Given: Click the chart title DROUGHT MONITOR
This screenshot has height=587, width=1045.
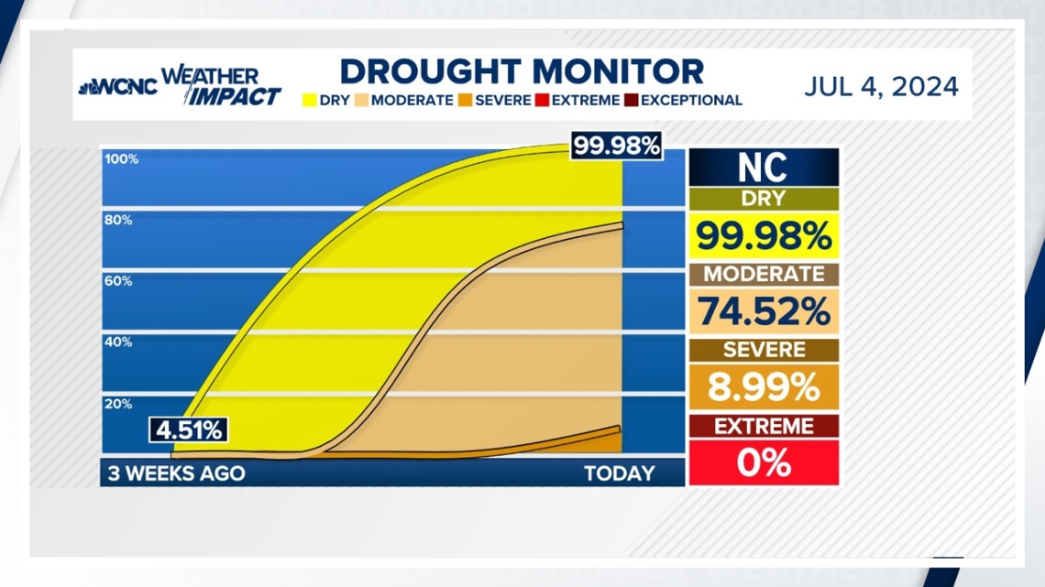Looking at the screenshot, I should point(522,71).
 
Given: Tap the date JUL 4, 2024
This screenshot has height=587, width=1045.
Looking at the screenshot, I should point(881,87).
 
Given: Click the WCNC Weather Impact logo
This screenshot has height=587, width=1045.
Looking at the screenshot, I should point(180,87).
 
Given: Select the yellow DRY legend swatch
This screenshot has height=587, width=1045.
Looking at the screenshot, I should point(309,101).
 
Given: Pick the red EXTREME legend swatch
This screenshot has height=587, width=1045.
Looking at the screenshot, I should point(542,101).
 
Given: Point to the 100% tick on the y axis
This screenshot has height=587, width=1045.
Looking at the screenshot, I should point(121,159).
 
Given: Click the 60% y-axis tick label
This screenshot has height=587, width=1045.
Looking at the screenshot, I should point(118,281).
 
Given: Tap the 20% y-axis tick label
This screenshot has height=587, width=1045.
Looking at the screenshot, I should point(118,404).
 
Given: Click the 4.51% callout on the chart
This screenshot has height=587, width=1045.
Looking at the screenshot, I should point(188,430).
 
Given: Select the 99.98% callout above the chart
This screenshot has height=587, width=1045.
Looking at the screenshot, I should point(616,146).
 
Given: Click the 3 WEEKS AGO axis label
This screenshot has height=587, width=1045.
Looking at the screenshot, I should point(176,473).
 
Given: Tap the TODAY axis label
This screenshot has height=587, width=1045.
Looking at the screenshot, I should point(620,473).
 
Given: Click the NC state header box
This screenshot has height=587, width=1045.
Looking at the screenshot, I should point(763,168).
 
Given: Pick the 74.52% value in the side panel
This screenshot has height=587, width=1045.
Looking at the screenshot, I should point(763,312).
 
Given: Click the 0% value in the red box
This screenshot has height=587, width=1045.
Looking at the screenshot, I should point(763,463).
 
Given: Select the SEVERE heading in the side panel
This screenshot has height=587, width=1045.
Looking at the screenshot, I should point(763,350).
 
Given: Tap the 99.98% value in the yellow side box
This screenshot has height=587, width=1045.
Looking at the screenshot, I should point(763,236).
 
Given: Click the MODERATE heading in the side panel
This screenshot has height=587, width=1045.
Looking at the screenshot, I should point(763,274).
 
